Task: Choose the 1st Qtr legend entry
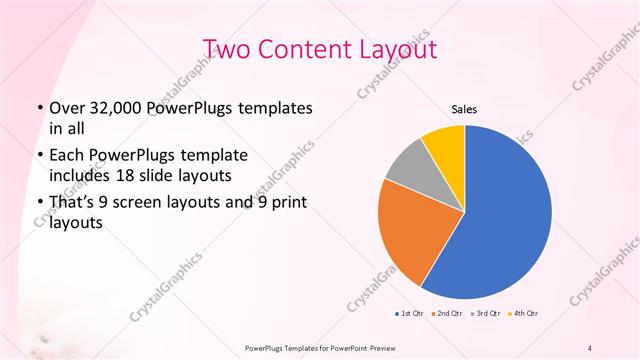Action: pyautogui.click(x=408, y=314)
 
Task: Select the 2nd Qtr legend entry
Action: pyautogui.click(x=446, y=314)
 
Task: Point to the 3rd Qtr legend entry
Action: pyautogui.click(x=485, y=314)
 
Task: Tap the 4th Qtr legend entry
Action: pyautogui.click(x=524, y=314)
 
